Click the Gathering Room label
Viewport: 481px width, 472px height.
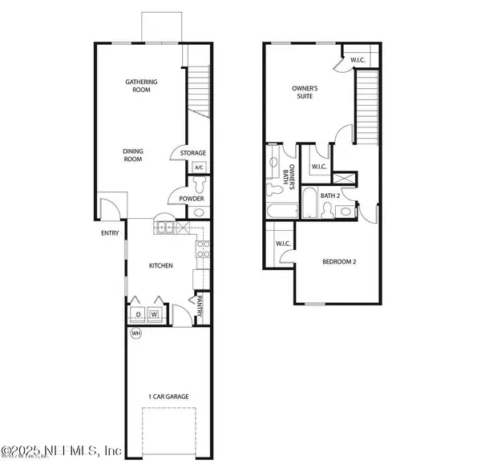tap(141, 86)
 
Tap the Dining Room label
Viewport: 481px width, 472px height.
tap(132, 155)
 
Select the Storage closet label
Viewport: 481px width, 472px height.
tap(192, 153)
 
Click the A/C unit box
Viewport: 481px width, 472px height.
tap(199, 167)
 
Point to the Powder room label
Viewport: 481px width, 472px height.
tap(191, 199)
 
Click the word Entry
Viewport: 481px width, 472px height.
tap(109, 234)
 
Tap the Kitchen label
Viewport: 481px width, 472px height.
tap(160, 265)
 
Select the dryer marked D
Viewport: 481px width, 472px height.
tap(138, 314)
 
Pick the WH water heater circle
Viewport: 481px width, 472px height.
tap(135, 333)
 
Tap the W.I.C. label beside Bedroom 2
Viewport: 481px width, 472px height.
tap(282, 244)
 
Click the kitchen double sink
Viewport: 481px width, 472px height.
tap(164, 228)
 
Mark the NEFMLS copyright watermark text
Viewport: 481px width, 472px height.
tap(61, 451)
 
